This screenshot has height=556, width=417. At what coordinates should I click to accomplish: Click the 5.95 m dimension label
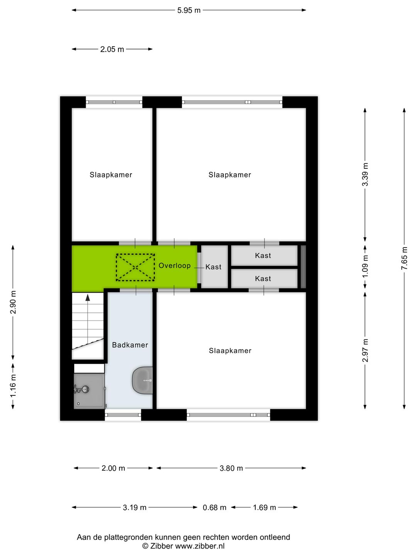click(189, 10)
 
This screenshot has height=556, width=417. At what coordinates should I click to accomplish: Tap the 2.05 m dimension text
click(112, 49)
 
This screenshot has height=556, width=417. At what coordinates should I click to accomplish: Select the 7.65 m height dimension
click(404, 258)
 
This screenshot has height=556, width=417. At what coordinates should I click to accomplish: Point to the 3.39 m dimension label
click(365, 175)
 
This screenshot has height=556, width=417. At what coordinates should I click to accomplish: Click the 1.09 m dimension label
click(365, 266)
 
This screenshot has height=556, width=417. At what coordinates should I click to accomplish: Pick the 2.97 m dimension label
click(365, 351)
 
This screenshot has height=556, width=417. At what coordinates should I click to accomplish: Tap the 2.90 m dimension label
click(13, 302)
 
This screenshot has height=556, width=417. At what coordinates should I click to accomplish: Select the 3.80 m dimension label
click(231, 468)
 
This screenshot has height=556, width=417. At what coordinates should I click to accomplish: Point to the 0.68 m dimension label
click(214, 508)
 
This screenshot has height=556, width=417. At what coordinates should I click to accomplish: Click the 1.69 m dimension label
click(264, 508)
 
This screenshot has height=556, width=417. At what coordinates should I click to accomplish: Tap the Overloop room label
click(175, 266)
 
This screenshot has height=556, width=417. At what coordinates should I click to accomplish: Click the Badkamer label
click(130, 345)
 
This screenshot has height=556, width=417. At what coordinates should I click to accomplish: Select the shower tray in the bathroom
click(89, 391)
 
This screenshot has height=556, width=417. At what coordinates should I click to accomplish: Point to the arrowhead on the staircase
click(88, 298)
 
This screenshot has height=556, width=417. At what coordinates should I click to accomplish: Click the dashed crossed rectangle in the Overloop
click(136, 267)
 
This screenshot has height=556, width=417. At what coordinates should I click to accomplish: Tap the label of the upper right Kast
click(263, 256)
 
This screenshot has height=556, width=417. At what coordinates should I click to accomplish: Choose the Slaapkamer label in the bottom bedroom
click(230, 351)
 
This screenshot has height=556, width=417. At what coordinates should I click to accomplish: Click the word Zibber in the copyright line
click(161, 546)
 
